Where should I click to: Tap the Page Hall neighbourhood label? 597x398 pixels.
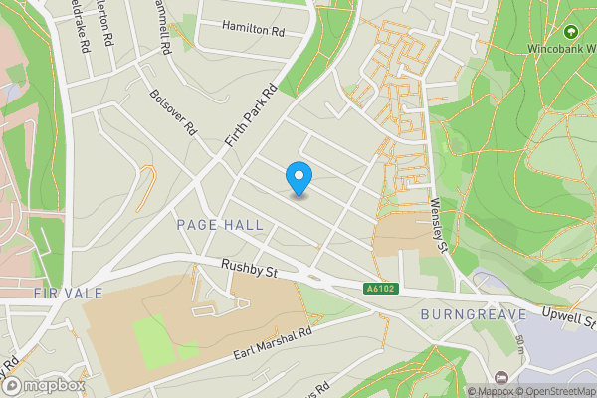[x=220, y=225]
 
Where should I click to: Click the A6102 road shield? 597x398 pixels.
[x=374, y=289]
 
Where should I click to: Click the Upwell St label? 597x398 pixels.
[x=569, y=319]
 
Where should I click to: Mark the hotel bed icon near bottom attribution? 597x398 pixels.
[x=501, y=379]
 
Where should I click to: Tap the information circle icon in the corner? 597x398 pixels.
[x=457, y=390]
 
